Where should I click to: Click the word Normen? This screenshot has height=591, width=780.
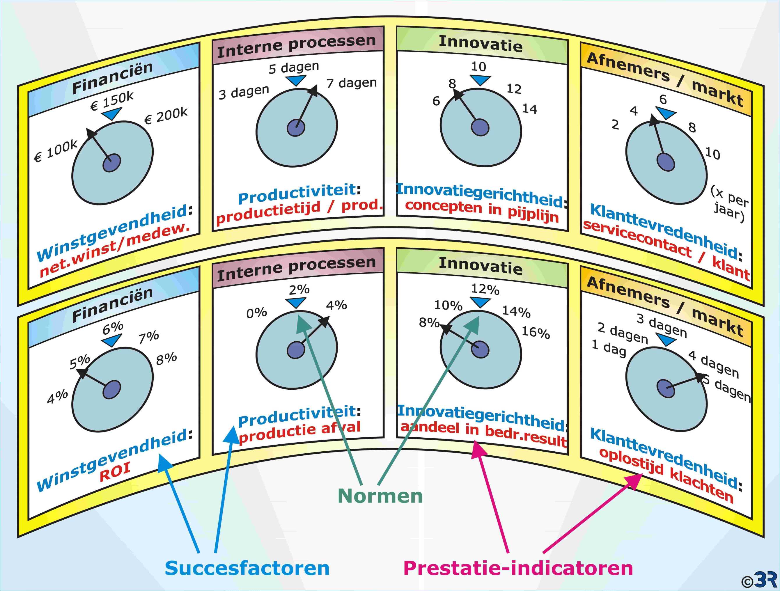pos(380,496)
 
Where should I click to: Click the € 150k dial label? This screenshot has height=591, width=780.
pos(112,100)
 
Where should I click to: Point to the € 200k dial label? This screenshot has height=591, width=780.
pos(166,115)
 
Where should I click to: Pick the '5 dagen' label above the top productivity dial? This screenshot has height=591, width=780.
pos(294,67)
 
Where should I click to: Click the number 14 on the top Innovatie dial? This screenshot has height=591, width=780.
pos(530,109)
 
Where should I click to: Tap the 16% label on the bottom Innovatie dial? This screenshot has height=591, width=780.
pos(536,332)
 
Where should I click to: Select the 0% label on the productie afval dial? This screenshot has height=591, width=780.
pos(257,313)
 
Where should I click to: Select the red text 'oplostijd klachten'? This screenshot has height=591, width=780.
pos(666,474)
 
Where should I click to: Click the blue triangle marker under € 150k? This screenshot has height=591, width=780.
pos(111,113)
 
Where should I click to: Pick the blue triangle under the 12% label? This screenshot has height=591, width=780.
pos(480,302)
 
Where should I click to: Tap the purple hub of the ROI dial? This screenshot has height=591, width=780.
pos(112,389)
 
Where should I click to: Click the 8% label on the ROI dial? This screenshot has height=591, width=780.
pos(166,358)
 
